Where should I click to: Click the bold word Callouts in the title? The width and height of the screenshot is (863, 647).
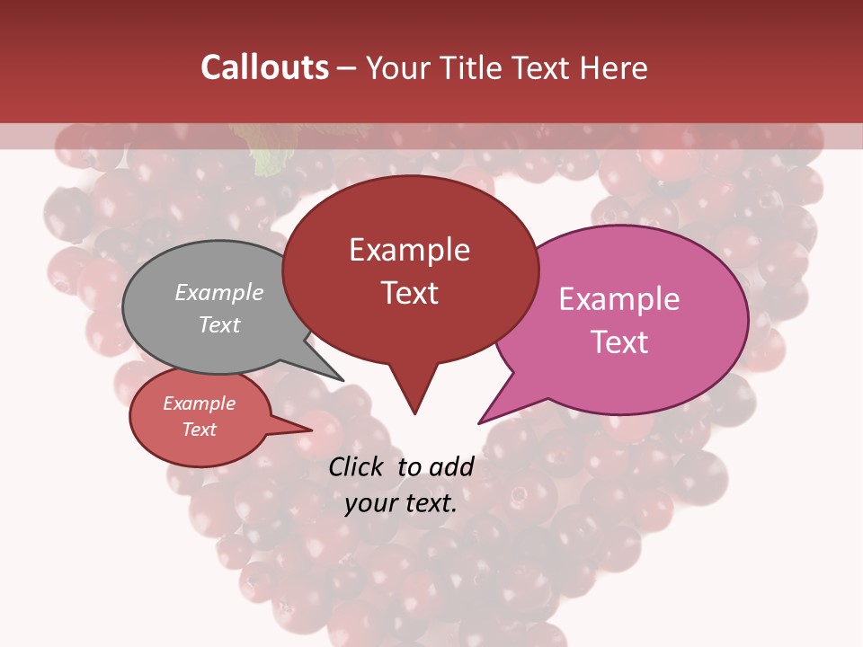pos(264,68)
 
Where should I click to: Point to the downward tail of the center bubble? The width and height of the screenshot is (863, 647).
pos(413,391)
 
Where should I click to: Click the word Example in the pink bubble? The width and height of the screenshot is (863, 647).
pos(619,299)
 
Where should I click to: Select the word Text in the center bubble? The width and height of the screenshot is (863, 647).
pos(410,293)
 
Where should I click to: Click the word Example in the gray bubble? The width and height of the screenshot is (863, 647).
pos(219,292)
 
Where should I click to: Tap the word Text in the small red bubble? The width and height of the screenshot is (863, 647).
pos(200,430)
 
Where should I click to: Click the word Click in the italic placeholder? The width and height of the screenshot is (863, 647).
pos(358,466)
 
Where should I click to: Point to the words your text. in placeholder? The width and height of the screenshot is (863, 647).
pos(401,504)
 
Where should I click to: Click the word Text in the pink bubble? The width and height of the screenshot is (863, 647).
pos(619,342)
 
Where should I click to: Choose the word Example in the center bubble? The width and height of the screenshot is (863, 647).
pos(410,250)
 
